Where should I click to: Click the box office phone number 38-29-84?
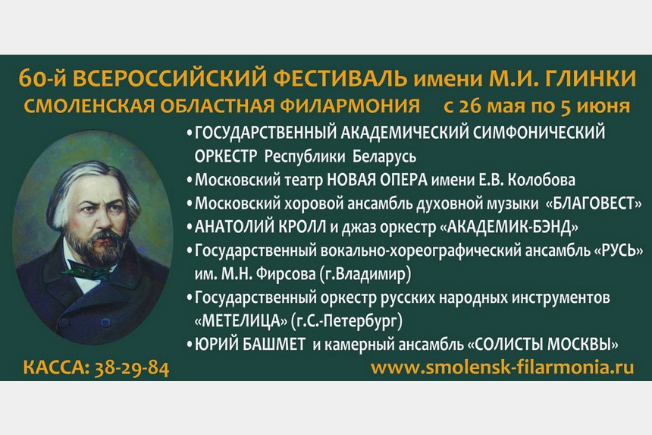(x=133, y=370)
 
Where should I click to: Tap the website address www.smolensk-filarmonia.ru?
(x=501, y=367)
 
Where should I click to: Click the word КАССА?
(x=55, y=370)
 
